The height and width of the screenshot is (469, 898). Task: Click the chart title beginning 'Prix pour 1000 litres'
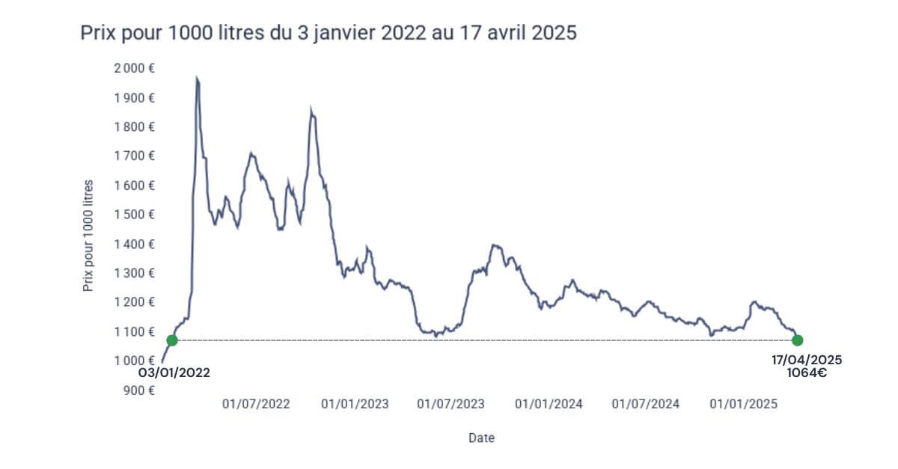pos(329,34)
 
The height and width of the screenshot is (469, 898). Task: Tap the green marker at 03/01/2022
pos(172,340)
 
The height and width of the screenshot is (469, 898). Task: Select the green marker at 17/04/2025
pos(798,340)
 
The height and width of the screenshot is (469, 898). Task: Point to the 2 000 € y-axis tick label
pos(135,68)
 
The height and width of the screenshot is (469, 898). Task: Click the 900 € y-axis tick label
pos(139,390)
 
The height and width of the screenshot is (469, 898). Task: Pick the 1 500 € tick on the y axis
pos(135,215)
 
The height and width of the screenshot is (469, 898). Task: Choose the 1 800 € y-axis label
pos(135,126)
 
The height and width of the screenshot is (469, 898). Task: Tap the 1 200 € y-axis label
pos(135,302)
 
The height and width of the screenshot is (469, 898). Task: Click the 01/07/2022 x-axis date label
pos(256,404)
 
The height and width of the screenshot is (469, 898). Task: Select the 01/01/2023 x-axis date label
pos(355,404)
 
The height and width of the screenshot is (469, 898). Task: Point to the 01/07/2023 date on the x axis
pos(450,404)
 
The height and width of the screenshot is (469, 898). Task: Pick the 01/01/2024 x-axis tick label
pos(549,404)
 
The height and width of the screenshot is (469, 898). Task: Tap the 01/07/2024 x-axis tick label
pos(646,404)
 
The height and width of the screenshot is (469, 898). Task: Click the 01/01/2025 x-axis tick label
pos(744,404)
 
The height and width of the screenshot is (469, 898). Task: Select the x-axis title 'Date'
pos(481,438)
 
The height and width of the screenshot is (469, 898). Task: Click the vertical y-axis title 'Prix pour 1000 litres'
pos(88,236)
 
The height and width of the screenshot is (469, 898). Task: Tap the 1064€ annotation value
pos(807,373)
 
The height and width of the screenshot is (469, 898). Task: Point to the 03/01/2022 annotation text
pos(174,372)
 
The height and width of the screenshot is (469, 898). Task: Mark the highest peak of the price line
pos(197,77)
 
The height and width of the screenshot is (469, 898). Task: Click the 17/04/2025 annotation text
pos(807,360)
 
